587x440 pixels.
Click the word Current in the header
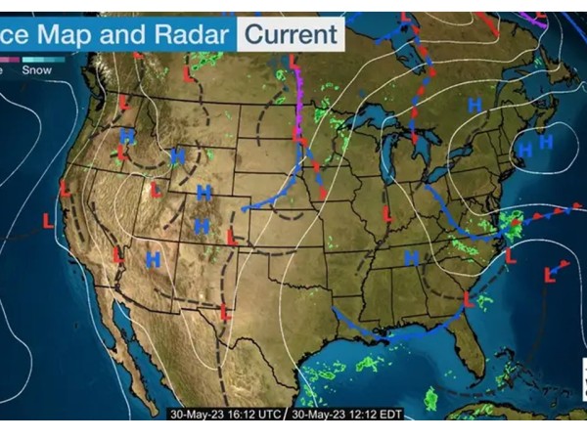click(x=291, y=35)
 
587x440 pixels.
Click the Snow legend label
click(x=37, y=69)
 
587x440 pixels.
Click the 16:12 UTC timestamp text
click(x=222, y=414)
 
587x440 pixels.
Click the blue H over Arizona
click(x=153, y=259)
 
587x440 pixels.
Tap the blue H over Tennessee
click(x=412, y=257)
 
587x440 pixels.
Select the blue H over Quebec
click(x=475, y=104)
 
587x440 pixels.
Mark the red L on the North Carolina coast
click(x=509, y=257)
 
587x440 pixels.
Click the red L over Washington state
click(x=124, y=102)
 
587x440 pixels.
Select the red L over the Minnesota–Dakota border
click(x=293, y=63)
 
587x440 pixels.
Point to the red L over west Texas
click(x=225, y=313)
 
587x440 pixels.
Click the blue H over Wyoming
click(x=204, y=192)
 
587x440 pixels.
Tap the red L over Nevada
click(x=116, y=255)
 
